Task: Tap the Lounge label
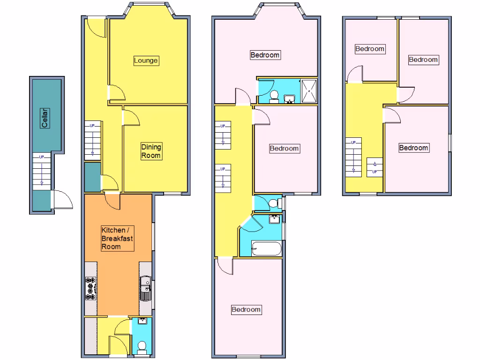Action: (146, 60)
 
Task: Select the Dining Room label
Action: (151, 151)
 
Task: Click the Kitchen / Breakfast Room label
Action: (117, 238)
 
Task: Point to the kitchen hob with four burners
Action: (90, 288)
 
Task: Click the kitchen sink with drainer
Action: (146, 288)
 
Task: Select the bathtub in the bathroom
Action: (266, 248)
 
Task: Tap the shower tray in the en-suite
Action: (309, 91)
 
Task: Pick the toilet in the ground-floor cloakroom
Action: (142, 346)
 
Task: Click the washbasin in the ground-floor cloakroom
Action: (142, 322)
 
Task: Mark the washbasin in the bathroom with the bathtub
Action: (275, 219)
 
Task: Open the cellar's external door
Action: (62, 200)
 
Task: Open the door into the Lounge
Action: (117, 93)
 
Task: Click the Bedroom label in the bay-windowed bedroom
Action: (265, 55)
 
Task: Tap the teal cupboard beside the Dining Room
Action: (92, 177)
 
